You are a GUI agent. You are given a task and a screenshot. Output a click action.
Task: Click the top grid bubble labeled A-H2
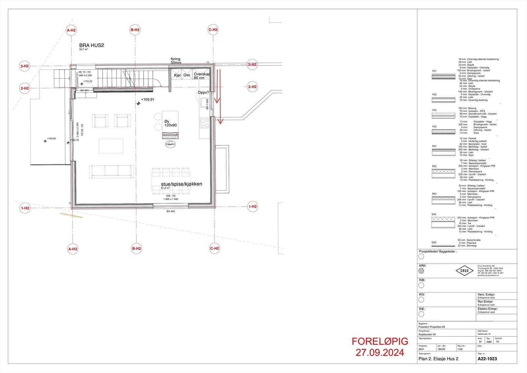pyautogui.click(x=71, y=30)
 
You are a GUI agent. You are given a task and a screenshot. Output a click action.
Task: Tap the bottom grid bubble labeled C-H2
pyautogui.click(x=214, y=248)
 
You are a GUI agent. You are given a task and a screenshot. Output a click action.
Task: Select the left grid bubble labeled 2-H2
pyautogui.click(x=25, y=88)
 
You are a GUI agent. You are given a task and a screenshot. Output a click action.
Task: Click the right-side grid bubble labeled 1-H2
pyautogui.click(x=252, y=207)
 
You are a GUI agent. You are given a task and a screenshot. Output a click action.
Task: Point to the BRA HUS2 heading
pyautogui.click(x=92, y=45)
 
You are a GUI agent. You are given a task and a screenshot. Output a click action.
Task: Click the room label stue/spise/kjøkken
pyautogui.click(x=181, y=184)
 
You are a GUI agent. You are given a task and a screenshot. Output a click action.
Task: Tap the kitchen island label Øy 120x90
pyautogui.click(x=171, y=124)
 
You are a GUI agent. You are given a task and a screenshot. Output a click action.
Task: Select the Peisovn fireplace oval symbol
pyautogui.click(x=170, y=144)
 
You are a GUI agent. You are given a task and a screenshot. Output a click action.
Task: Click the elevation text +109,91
pyautogui.click(x=148, y=100)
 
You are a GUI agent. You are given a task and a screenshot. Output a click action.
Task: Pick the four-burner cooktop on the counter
pyautogui.click(x=205, y=123)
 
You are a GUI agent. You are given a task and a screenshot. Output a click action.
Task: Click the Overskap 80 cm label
pyautogui.click(x=202, y=76)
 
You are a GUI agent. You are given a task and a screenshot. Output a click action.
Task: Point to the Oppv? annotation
pyautogui.click(x=203, y=92)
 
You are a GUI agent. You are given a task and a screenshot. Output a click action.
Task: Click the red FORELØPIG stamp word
pyautogui.click(x=380, y=341)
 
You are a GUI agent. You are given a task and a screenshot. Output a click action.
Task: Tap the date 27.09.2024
pyautogui.click(x=380, y=353)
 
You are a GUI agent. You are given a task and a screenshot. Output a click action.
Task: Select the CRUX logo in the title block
pyautogui.click(x=464, y=271)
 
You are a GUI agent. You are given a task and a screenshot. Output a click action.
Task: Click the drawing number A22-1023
pyautogui.click(x=487, y=359)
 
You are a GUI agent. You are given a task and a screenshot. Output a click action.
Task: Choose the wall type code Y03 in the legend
pyautogui.click(x=434, y=110)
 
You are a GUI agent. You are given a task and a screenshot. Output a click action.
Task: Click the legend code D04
pyautogui.click(x=434, y=215)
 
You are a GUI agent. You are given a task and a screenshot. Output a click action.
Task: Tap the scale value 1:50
pyautogui.click(x=460, y=349)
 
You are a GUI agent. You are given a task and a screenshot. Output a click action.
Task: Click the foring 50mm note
pyautogui.click(x=176, y=61)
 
